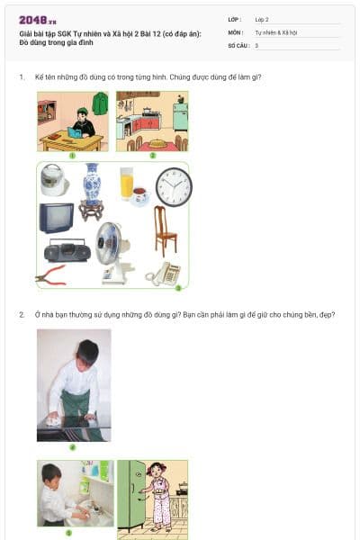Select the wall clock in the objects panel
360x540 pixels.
173,187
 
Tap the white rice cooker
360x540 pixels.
55,180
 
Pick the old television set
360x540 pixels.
56,218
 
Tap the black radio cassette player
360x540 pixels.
67,251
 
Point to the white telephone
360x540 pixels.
165,273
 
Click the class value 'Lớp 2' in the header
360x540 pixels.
262,18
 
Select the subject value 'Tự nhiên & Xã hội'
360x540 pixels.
274,31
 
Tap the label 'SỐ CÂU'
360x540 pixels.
238,45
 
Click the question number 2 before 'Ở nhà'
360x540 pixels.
21,315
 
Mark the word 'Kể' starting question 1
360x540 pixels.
40,77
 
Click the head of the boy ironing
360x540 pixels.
88,350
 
